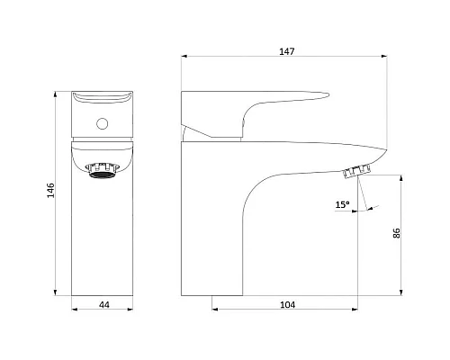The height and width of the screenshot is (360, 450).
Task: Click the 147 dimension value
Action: point(287,51)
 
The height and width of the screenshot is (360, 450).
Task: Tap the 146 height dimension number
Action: point(51,190)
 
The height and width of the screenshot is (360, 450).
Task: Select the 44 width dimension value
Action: point(104,305)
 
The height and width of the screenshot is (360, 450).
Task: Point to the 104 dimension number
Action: point(287,305)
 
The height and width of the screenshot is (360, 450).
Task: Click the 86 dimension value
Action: point(396,233)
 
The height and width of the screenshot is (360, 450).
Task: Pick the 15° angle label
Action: point(342,204)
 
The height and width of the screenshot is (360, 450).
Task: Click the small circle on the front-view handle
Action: point(103,123)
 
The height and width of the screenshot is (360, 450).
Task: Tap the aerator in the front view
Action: point(102,171)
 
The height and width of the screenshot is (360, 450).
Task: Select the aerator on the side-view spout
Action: point(356,172)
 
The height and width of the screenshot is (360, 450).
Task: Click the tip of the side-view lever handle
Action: point(328,95)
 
